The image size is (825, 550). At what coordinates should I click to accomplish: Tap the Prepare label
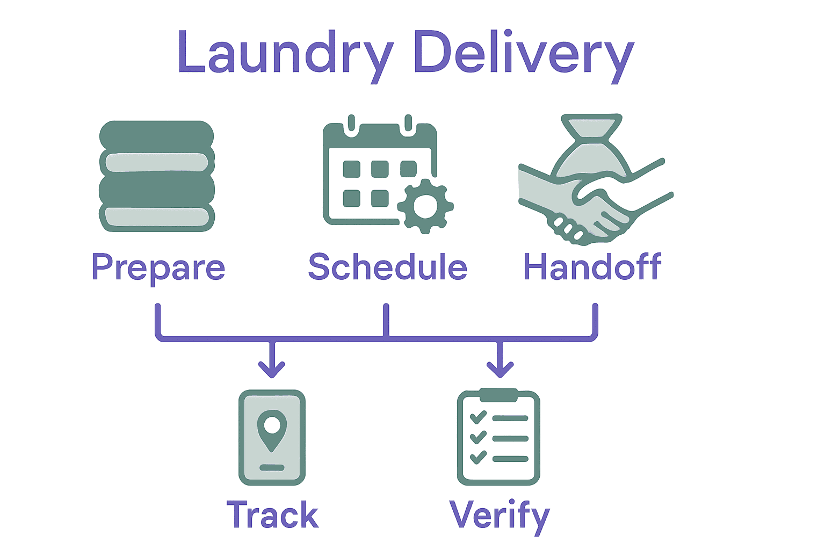(158, 267)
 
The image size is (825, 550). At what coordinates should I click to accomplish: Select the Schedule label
(387, 267)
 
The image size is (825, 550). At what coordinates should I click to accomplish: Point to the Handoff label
(592, 267)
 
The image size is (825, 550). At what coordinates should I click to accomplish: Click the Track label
(272, 515)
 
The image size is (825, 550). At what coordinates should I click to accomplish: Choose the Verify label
(499, 515)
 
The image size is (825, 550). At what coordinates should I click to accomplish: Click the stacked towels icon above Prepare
(157, 176)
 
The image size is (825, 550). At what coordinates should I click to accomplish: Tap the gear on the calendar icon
(425, 207)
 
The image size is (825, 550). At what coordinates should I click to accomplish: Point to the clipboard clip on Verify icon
(498, 395)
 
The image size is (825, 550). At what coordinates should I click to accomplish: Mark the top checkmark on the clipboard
(477, 417)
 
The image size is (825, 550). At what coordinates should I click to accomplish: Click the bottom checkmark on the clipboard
(477, 458)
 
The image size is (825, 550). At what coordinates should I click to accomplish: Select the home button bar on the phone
(272, 467)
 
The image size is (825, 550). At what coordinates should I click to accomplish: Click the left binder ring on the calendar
(352, 124)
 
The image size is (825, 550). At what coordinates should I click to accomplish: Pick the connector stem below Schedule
(386, 321)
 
